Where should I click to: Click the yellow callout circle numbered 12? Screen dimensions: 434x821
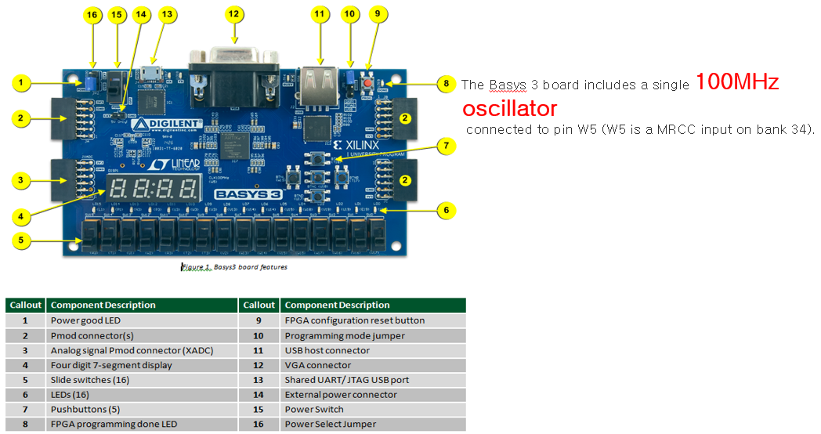pos(234,13)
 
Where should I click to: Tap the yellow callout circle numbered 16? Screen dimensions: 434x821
pos(92,16)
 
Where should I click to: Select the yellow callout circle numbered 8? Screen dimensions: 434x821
pos(446,82)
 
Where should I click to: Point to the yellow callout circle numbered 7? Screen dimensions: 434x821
pos(446,145)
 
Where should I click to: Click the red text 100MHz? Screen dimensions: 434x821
pos(737,82)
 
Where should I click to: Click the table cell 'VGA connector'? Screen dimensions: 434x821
pos(318,365)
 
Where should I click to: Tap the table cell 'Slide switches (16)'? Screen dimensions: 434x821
pos(90,380)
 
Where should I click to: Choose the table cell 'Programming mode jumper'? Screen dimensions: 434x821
pos(345,335)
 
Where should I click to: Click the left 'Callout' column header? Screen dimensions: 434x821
pos(24,305)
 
